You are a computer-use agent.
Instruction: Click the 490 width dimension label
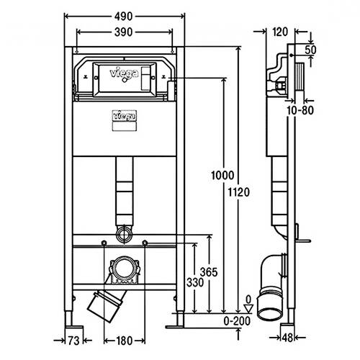click(x=123, y=17)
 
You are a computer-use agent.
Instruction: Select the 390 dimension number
click(x=123, y=32)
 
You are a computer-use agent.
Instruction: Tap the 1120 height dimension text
click(x=239, y=192)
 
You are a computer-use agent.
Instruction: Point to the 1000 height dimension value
click(x=222, y=176)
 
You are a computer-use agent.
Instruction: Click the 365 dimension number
click(x=209, y=272)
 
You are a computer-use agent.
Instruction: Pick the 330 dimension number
click(x=195, y=283)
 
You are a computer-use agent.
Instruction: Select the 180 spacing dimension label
click(x=125, y=341)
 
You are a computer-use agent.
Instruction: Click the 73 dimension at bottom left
click(x=73, y=341)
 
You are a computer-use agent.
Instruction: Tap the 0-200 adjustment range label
click(x=237, y=321)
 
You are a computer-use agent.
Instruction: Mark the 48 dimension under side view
click(x=287, y=338)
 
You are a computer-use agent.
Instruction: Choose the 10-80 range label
click(x=300, y=110)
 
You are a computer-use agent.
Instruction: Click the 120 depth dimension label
click(x=280, y=32)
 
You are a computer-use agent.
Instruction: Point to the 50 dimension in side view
click(x=310, y=50)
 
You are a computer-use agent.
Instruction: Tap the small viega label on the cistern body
click(x=125, y=116)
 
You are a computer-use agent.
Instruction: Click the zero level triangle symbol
click(x=248, y=308)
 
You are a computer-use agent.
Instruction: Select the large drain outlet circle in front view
click(x=125, y=269)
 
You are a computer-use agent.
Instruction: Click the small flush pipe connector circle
click(x=124, y=234)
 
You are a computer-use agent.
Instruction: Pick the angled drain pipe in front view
click(x=107, y=305)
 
